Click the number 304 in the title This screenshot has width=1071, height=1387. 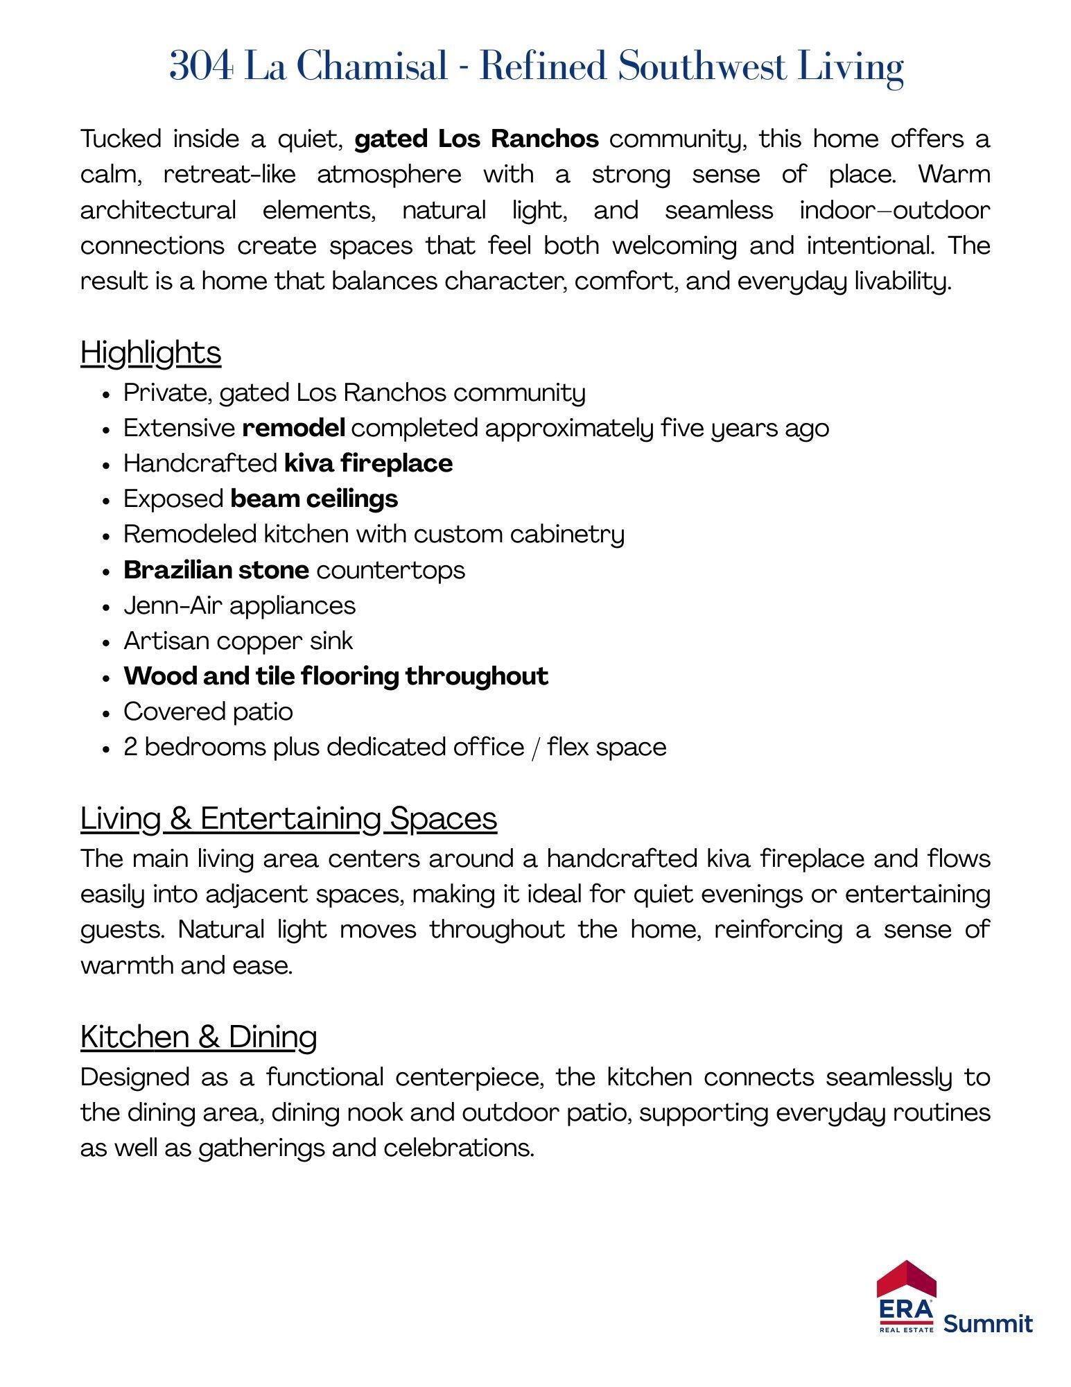201,67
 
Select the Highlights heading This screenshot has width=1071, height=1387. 150,352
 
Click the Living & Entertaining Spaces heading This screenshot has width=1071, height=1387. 288,818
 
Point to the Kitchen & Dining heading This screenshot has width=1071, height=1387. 198,1037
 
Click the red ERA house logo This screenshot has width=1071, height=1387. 906,1297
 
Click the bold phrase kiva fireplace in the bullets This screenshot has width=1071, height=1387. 368,463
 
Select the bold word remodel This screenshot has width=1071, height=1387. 293,428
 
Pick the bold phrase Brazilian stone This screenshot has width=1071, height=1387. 216,570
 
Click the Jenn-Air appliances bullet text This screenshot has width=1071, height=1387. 239,605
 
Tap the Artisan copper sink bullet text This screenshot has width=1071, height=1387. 238,641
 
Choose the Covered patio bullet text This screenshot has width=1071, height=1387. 208,712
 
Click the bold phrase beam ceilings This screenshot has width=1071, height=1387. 314,499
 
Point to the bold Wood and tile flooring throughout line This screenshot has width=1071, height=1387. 336,676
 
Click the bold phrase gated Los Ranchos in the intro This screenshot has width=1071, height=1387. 476,139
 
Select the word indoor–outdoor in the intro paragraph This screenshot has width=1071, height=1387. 894,209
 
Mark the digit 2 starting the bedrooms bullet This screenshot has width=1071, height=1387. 130,747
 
